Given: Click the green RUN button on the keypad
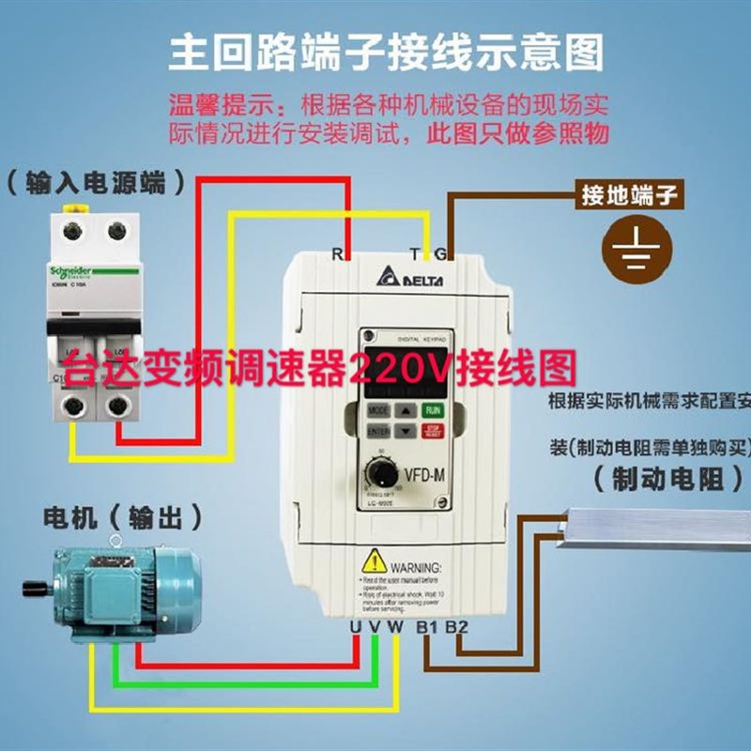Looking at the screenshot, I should pyautogui.click(x=433, y=410).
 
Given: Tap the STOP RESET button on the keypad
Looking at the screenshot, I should pyautogui.click(x=433, y=432).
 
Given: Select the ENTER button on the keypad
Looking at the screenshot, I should pyautogui.click(x=378, y=432).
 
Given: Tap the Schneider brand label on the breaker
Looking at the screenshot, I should pyautogui.click(x=75, y=271).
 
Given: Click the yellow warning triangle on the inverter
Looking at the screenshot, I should pyautogui.click(x=375, y=562).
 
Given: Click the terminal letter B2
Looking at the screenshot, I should pyautogui.click(x=456, y=626).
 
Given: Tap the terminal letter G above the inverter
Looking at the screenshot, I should pyautogui.click(x=441, y=252).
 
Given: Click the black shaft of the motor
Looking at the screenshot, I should pyautogui.click(x=36, y=588).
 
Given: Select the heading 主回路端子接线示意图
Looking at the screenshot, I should pyautogui.click(x=385, y=53).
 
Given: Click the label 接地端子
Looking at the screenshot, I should pyautogui.click(x=628, y=196).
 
